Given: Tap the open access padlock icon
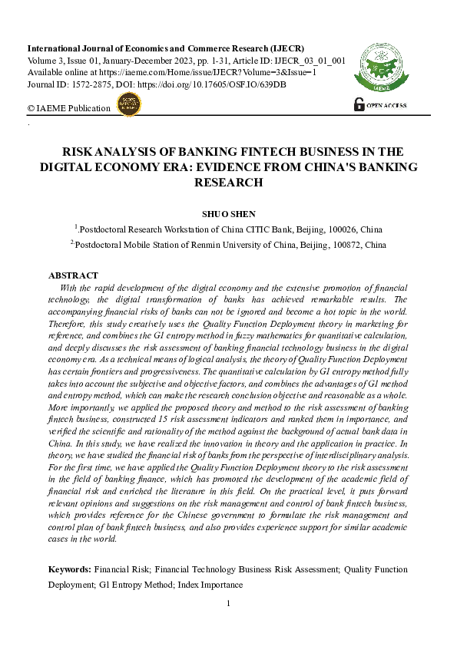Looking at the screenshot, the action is pos(358,104).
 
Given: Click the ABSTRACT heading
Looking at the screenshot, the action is pos(73,275).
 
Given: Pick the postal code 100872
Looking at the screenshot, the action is pos(349,245).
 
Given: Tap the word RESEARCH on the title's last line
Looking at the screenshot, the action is pos(228,183).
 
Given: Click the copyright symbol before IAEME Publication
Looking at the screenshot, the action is pos(31,109).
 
